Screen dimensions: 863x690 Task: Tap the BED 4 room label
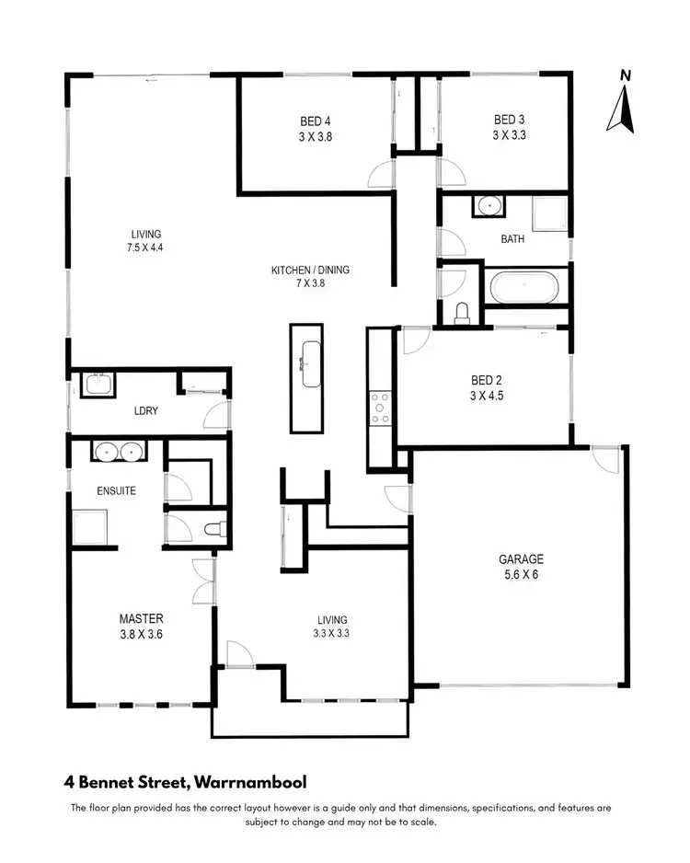tap(315, 127)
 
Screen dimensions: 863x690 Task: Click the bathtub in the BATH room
tap(523, 288)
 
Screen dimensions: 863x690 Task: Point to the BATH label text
tap(512, 239)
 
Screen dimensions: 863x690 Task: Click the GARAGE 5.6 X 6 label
tap(521, 566)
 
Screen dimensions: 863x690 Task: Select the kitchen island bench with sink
tap(306, 377)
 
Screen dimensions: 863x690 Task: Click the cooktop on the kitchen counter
tap(379, 408)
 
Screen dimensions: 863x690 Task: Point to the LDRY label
tap(145, 411)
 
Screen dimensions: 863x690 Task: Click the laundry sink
tap(97, 384)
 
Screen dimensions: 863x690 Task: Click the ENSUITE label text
tap(116, 490)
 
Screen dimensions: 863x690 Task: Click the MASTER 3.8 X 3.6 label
tap(141, 626)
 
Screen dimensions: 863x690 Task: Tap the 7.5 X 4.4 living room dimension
tap(145, 247)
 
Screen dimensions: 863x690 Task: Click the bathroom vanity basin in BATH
tap(490, 205)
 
